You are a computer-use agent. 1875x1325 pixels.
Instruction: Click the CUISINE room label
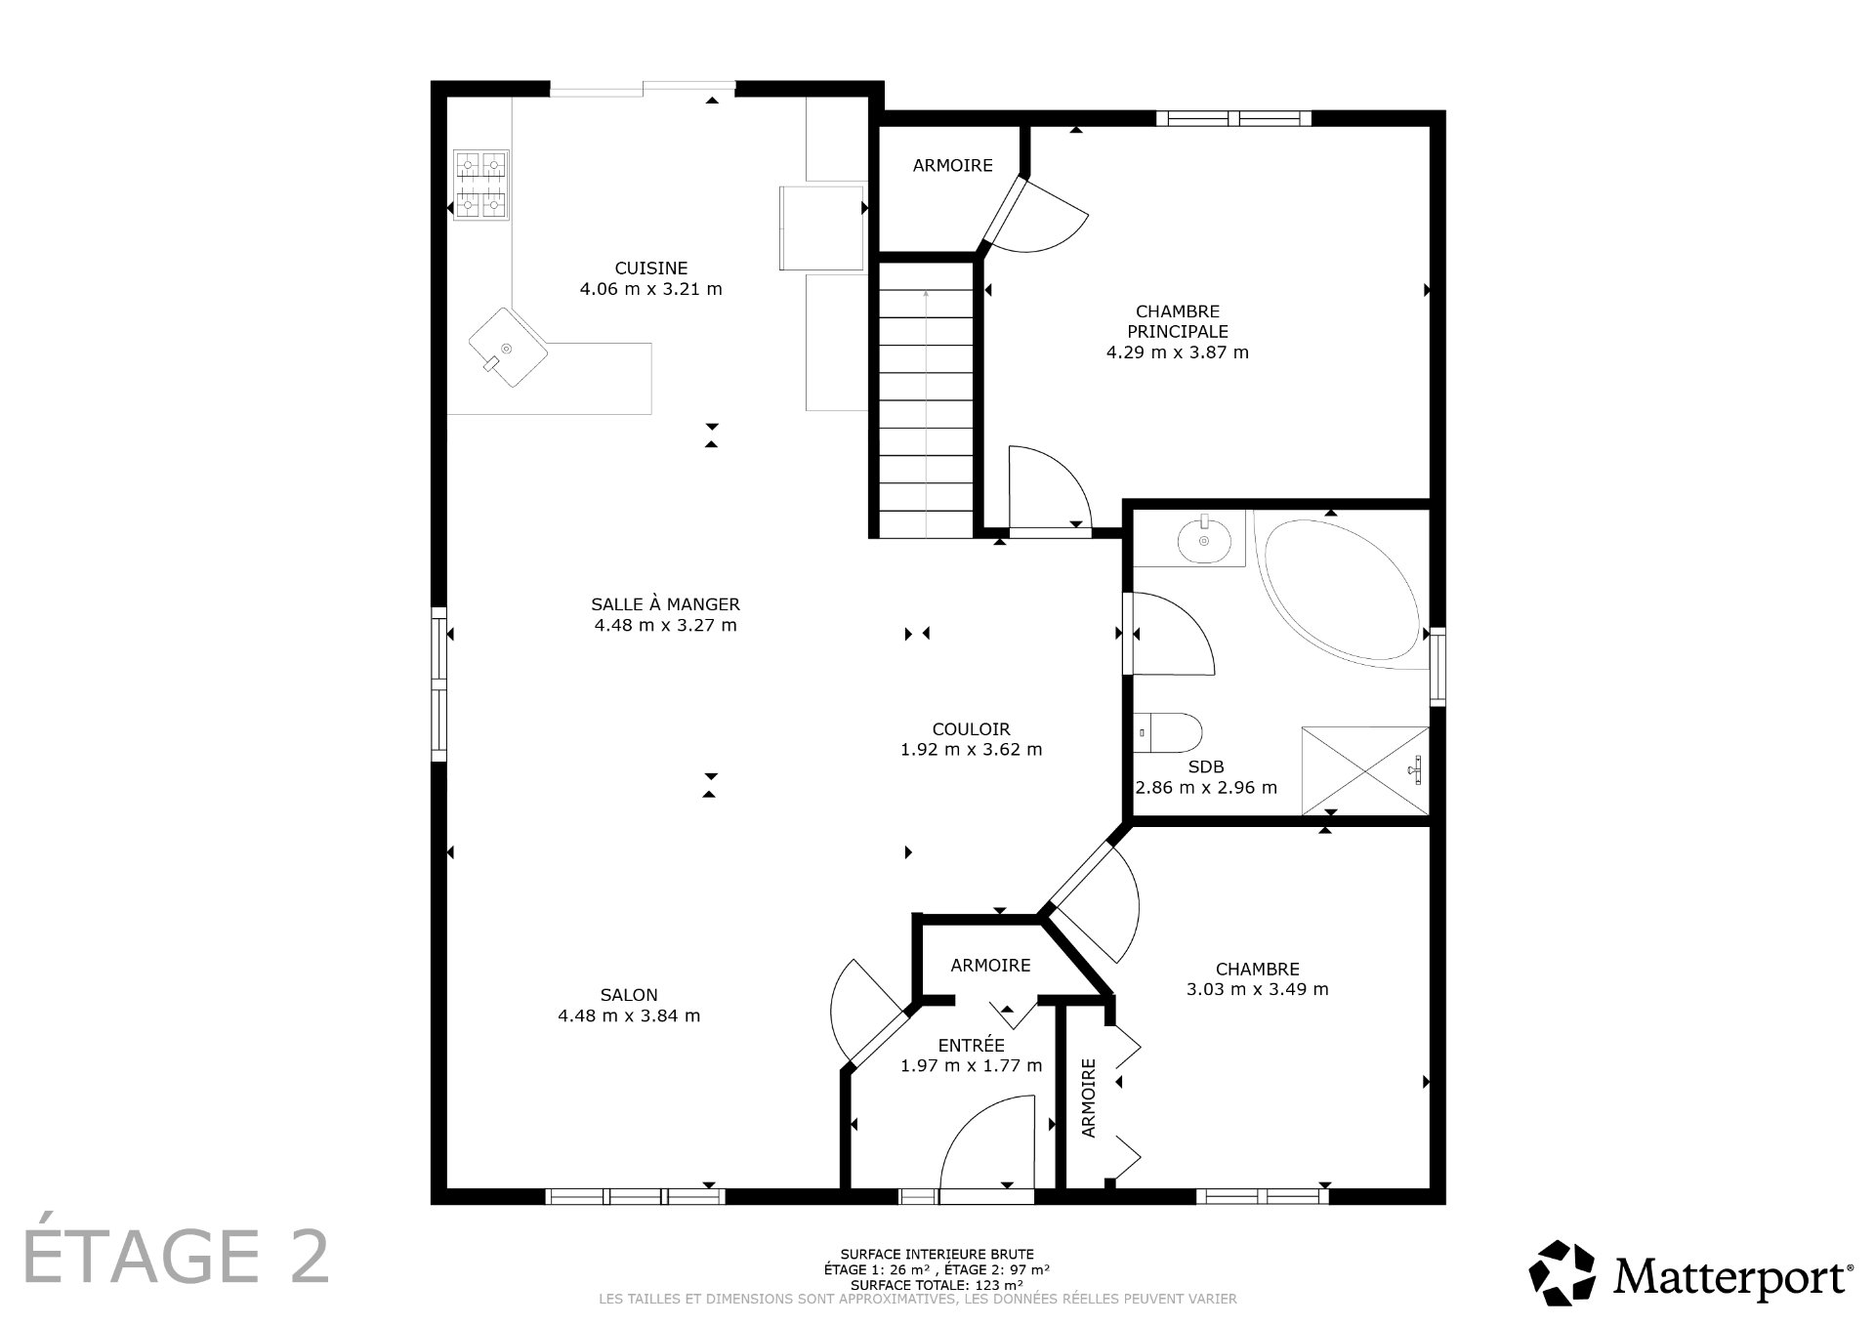point(650,269)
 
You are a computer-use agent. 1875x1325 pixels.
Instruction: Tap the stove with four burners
point(481,186)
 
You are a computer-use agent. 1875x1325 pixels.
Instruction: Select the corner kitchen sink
point(506,349)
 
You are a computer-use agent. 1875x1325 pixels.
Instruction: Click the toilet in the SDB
point(1172,732)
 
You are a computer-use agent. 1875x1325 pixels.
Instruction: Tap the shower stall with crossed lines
point(1364,770)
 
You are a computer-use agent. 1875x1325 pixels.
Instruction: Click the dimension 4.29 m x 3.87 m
point(1177,352)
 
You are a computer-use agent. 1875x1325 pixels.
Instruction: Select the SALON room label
point(629,995)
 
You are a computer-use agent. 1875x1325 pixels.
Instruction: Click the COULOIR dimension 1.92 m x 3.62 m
point(971,750)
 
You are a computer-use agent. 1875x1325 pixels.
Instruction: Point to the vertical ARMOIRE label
point(1089,1098)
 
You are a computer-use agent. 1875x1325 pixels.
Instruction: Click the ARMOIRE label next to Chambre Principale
point(952,166)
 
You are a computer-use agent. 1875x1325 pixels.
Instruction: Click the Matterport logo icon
point(1562,1273)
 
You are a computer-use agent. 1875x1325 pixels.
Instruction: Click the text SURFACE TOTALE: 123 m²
point(937,1285)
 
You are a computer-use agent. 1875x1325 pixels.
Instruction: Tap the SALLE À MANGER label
point(665,604)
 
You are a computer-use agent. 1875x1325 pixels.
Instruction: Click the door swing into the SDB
point(1172,635)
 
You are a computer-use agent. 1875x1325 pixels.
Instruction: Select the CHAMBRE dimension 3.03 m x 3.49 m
point(1257,989)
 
